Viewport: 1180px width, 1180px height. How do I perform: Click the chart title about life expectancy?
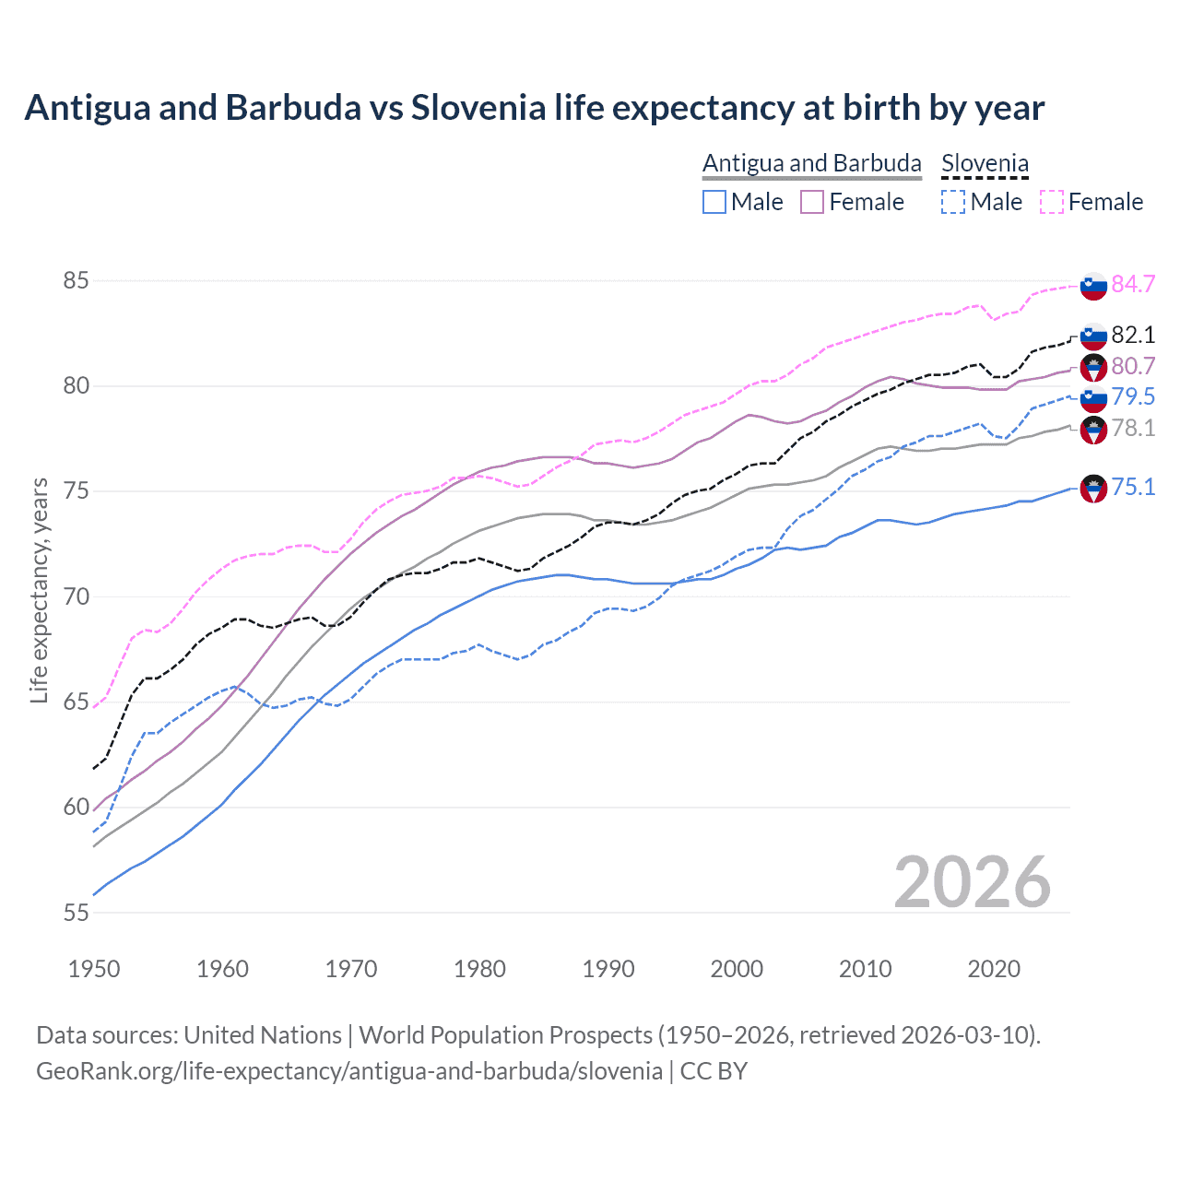tap(535, 108)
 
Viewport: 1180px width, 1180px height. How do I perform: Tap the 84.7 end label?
tap(1133, 284)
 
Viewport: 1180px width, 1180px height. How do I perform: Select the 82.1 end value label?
tap(1133, 335)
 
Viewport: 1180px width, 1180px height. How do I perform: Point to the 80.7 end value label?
tap(1133, 366)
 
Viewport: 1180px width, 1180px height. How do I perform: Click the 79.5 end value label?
tap(1133, 396)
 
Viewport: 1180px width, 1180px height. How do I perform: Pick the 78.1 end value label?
tap(1133, 428)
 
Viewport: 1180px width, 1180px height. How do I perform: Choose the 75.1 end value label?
tap(1133, 487)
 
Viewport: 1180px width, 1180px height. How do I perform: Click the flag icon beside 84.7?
tap(1093, 286)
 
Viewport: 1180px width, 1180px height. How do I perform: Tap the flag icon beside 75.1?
tap(1093, 489)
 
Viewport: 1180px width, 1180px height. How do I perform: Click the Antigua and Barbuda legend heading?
tap(811, 163)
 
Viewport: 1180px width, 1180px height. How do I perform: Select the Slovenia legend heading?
tap(985, 163)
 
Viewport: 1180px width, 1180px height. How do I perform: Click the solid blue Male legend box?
tap(714, 202)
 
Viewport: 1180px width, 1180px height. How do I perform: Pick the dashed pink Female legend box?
tap(1052, 202)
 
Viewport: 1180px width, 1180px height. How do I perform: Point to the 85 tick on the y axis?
tap(77, 280)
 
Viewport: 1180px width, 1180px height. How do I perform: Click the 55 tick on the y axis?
tap(77, 913)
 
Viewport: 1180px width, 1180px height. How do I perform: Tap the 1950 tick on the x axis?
tap(94, 969)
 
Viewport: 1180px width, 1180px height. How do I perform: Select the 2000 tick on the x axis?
tap(737, 969)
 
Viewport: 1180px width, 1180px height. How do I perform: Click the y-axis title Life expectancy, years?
tap(39, 590)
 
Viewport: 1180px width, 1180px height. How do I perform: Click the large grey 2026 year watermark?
tap(973, 882)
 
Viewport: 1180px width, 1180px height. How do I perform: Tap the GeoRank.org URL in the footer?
tap(349, 1071)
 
